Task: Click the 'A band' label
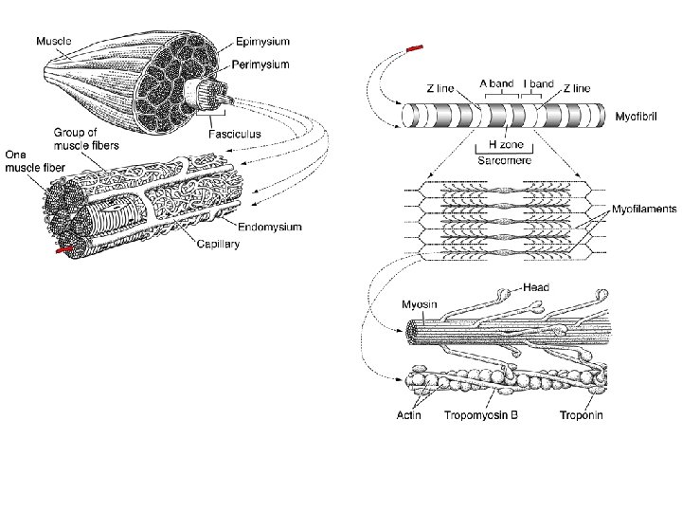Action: [497, 83]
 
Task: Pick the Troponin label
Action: [582, 415]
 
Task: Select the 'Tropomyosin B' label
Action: [481, 415]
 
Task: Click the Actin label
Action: [409, 415]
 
